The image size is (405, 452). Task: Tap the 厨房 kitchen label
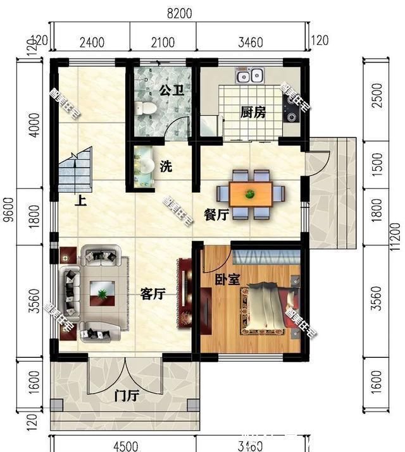point(252,113)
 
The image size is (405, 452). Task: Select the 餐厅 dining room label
point(216,214)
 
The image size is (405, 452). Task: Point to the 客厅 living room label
point(153,293)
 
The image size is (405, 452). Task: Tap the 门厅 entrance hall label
point(127,396)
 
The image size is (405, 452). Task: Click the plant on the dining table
point(251,193)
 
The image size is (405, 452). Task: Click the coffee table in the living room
point(101,292)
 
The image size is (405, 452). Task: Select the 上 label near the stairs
point(80,202)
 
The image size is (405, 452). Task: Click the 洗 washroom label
point(166,167)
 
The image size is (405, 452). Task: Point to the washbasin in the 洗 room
point(145,166)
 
